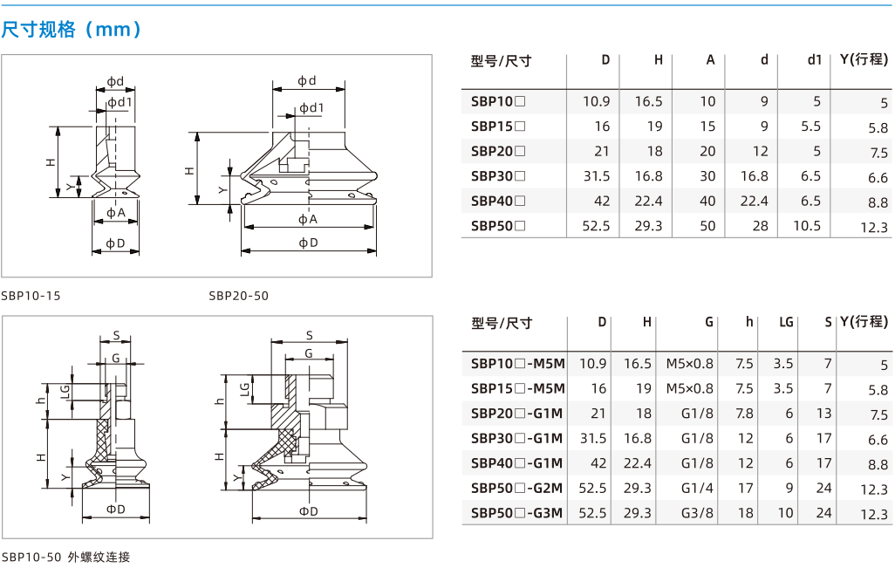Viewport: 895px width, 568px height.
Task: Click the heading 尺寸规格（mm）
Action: [x=72, y=29]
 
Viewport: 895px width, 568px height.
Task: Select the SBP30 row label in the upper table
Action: [x=498, y=176]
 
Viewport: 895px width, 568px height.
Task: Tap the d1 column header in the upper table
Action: [x=815, y=60]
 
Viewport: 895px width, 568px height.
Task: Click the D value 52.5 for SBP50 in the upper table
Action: [x=596, y=226]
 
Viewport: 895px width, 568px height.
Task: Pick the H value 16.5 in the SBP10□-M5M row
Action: [x=638, y=364]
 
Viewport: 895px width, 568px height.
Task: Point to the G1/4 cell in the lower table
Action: [x=697, y=488]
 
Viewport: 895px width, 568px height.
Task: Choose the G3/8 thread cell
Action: [x=697, y=513]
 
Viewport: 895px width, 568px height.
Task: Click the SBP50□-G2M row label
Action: [x=517, y=488]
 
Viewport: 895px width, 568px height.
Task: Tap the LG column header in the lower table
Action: [x=787, y=323]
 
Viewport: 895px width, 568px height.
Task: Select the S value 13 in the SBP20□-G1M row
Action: [x=823, y=414]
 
